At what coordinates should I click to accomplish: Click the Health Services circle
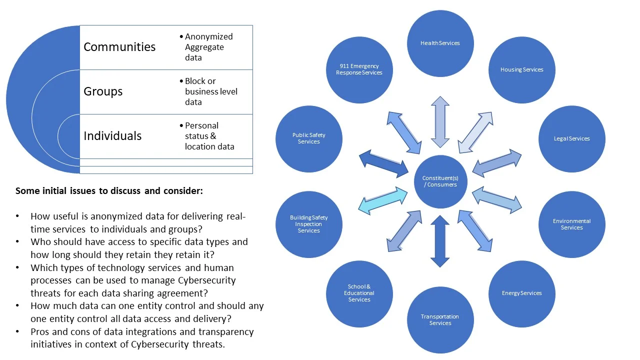click(x=440, y=43)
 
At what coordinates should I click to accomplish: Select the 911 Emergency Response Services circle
click(x=359, y=69)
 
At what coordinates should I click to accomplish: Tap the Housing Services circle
click(x=521, y=70)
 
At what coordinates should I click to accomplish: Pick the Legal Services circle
click(x=571, y=138)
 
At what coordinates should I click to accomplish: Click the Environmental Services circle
click(x=571, y=224)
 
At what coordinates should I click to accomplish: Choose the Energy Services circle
click(x=521, y=293)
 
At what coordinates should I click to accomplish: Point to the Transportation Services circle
click(x=440, y=320)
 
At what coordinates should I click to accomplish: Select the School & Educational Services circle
click(x=359, y=293)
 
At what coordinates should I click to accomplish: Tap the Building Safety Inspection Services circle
click(x=309, y=224)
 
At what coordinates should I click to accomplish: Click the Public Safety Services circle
click(x=309, y=138)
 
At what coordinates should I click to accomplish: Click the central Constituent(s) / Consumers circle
click(x=440, y=181)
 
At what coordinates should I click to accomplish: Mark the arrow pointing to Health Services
click(x=440, y=122)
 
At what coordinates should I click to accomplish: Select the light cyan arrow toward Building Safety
click(x=383, y=200)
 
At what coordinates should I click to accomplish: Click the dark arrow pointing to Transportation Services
click(x=440, y=241)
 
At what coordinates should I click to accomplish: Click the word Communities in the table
click(x=119, y=47)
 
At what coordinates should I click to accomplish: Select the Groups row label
click(x=103, y=91)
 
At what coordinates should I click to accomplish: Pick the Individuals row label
click(x=112, y=136)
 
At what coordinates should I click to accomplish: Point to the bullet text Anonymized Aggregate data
click(x=208, y=47)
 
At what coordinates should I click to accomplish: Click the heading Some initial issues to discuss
click(x=109, y=191)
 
